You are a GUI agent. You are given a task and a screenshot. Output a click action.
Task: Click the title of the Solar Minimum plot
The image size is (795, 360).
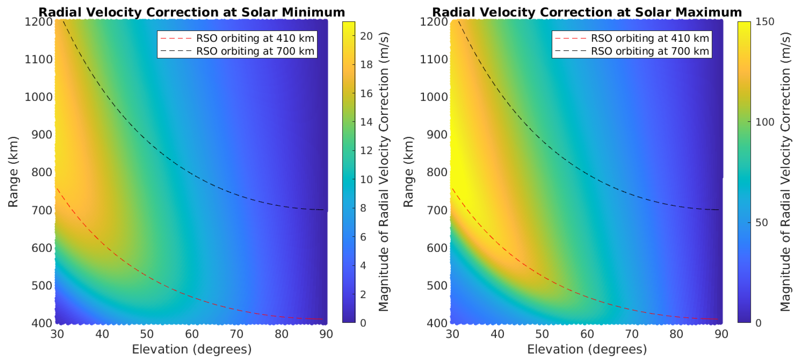tap(191, 12)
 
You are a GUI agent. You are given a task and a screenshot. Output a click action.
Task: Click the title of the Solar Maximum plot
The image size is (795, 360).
tap(587, 12)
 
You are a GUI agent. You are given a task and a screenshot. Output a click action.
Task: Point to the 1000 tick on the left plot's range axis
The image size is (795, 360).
tap(39, 97)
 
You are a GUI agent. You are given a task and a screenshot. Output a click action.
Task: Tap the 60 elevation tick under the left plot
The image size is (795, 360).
tap(192, 334)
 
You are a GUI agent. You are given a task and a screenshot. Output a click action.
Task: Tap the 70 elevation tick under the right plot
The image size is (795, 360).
tap(631, 334)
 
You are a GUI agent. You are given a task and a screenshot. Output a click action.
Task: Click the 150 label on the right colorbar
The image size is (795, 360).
tap(765, 22)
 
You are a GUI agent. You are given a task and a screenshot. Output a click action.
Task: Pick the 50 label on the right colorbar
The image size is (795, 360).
tap(761, 223)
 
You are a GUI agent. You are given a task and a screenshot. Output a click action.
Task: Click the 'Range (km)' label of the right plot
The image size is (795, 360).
tap(408, 172)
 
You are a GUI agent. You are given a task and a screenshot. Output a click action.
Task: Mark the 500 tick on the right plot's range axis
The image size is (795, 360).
tap(437, 286)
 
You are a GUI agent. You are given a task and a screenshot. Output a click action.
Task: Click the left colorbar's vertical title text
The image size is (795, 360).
tap(384, 172)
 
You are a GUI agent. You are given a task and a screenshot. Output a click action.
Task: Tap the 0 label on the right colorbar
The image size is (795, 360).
tap(758, 323)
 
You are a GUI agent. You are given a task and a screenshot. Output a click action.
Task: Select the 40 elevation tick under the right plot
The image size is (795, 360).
tap(497, 334)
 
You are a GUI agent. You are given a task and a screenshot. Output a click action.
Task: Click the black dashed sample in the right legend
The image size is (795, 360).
tap(571, 51)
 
